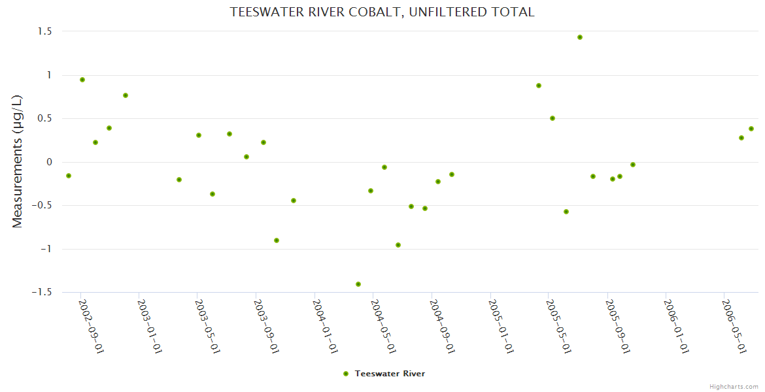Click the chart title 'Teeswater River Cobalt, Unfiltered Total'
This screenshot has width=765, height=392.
click(x=382, y=12)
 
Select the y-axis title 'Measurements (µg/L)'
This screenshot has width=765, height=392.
click(x=18, y=161)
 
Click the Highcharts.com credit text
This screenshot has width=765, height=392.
click(x=734, y=386)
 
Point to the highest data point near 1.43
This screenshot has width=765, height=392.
click(x=580, y=37)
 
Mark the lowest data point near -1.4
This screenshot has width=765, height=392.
click(x=358, y=284)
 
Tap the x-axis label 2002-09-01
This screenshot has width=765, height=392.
click(x=92, y=327)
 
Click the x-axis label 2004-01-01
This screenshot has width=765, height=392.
click(x=326, y=327)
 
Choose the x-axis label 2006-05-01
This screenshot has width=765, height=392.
click(x=734, y=327)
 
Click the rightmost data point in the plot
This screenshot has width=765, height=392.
click(x=751, y=129)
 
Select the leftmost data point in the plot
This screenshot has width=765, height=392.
click(x=69, y=176)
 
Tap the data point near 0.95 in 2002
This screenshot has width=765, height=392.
click(x=82, y=80)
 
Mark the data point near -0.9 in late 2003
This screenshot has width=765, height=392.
click(x=277, y=240)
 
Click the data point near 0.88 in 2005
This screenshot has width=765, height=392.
click(x=539, y=86)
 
